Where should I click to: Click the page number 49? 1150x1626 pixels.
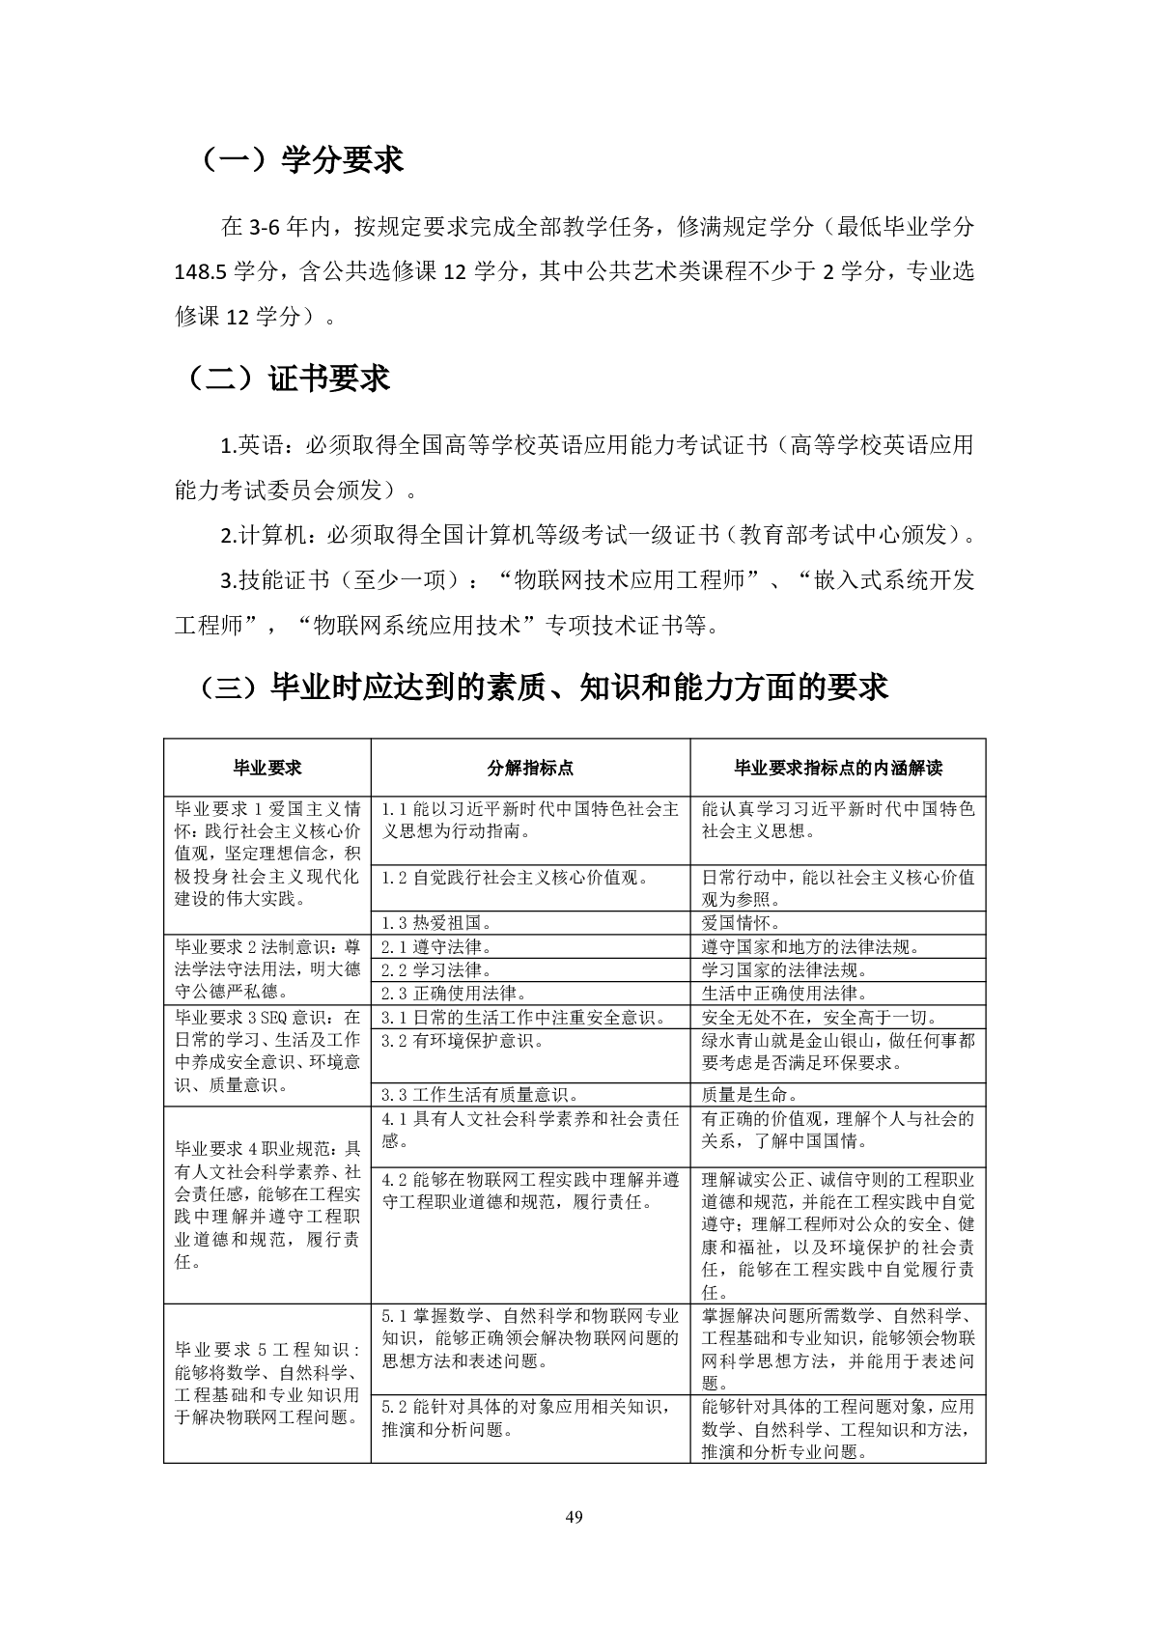click(575, 1515)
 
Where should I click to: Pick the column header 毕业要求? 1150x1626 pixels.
click(267, 768)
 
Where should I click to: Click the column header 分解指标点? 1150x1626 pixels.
click(530, 768)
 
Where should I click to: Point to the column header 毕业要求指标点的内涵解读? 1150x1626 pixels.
click(837, 768)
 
